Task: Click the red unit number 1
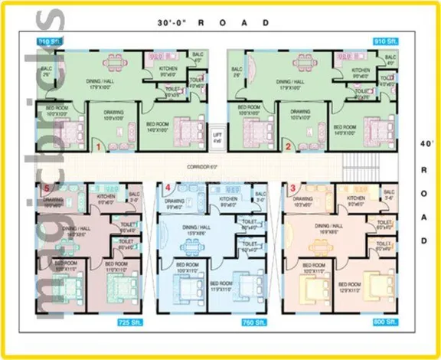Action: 98,144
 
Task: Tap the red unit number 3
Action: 292,188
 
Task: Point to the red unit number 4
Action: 167,187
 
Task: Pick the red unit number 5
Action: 47,188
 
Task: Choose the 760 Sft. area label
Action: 253,322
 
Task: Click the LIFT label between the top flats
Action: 217,136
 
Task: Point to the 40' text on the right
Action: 425,143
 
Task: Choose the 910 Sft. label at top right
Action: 386,40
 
